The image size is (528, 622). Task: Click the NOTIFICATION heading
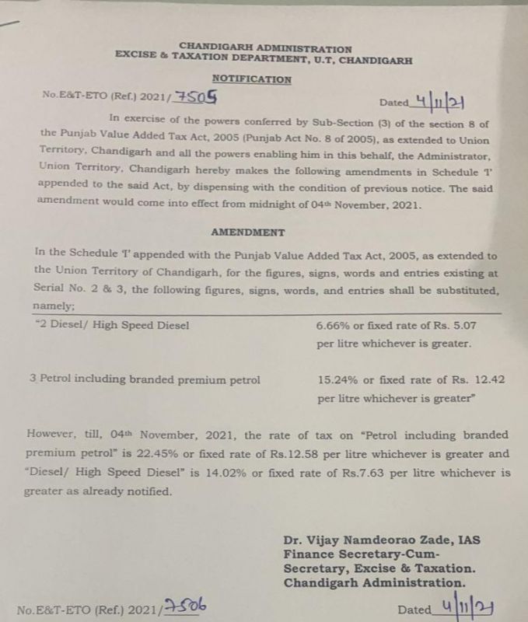251,79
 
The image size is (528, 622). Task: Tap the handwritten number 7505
196,97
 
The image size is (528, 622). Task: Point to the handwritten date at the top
440,101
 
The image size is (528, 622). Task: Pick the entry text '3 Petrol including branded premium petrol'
145,380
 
